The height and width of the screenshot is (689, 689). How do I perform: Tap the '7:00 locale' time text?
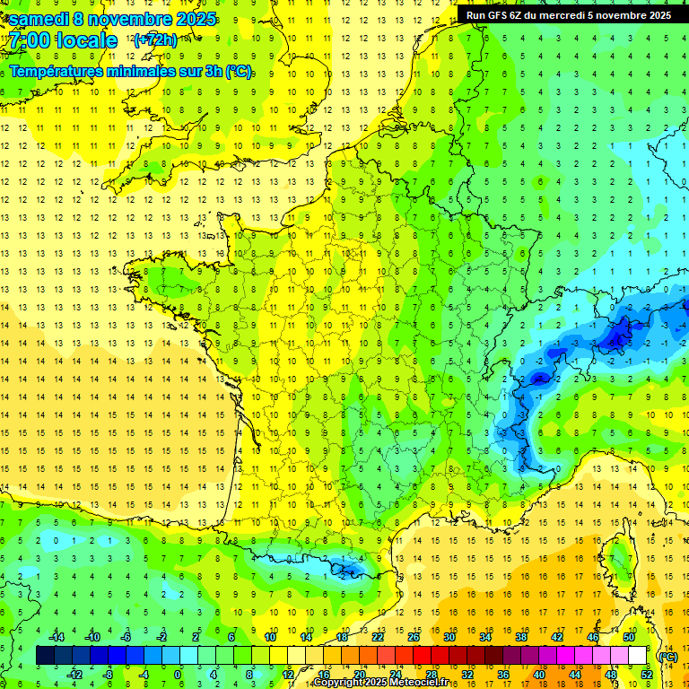click(64, 40)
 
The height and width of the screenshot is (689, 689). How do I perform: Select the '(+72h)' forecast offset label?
click(155, 40)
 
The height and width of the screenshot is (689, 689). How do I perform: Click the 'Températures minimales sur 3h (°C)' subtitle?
click(131, 72)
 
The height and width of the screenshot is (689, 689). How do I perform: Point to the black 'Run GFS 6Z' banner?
click(570, 14)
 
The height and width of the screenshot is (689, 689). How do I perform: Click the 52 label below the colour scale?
click(647, 674)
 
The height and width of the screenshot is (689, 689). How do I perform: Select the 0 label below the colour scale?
click(178, 674)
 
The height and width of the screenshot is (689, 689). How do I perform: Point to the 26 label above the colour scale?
click(414, 637)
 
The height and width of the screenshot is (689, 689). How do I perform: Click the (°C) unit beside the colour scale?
click(667, 657)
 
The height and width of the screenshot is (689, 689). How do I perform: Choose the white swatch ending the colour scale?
click(638, 656)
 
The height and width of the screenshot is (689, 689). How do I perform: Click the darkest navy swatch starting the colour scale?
click(46, 656)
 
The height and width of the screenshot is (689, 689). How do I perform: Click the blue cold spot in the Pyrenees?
click(345, 566)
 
